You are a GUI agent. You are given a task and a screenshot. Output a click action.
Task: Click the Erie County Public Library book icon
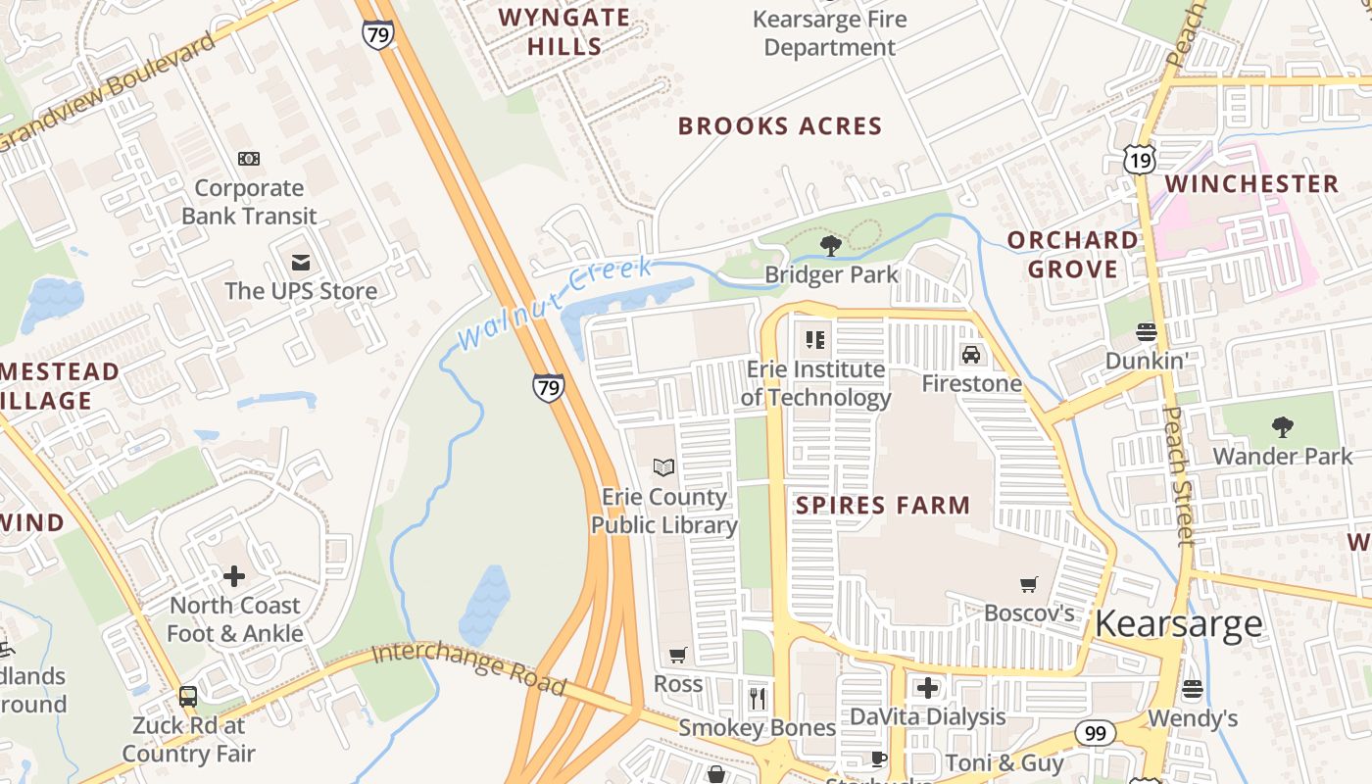point(663,467)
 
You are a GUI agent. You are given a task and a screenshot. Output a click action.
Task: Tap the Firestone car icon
point(970,355)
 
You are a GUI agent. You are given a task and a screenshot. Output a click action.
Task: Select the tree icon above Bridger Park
point(831,245)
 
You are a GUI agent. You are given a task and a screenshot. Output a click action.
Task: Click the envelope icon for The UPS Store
point(300,262)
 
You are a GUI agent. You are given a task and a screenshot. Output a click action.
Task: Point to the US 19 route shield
point(1141,160)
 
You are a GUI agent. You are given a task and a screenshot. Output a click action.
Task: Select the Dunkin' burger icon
point(1146,332)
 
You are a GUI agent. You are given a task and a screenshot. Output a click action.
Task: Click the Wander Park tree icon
point(1282,426)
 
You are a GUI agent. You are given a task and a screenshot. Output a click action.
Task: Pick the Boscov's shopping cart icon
point(1029,585)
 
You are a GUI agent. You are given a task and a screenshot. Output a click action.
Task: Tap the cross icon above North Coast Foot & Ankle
point(234,575)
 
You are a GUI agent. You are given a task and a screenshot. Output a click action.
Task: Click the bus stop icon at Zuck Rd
point(187,697)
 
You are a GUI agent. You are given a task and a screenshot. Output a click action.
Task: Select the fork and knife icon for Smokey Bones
point(757,698)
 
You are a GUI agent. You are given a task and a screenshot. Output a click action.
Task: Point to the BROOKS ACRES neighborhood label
point(780,126)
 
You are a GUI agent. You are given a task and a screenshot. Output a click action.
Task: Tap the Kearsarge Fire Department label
point(829,33)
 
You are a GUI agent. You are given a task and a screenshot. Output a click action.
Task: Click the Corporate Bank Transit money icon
point(249,158)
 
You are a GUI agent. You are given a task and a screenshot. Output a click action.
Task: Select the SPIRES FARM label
point(882,506)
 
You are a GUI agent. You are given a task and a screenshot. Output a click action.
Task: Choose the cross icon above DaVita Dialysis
point(927,687)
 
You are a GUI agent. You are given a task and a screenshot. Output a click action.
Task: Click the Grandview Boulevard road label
point(108,93)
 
